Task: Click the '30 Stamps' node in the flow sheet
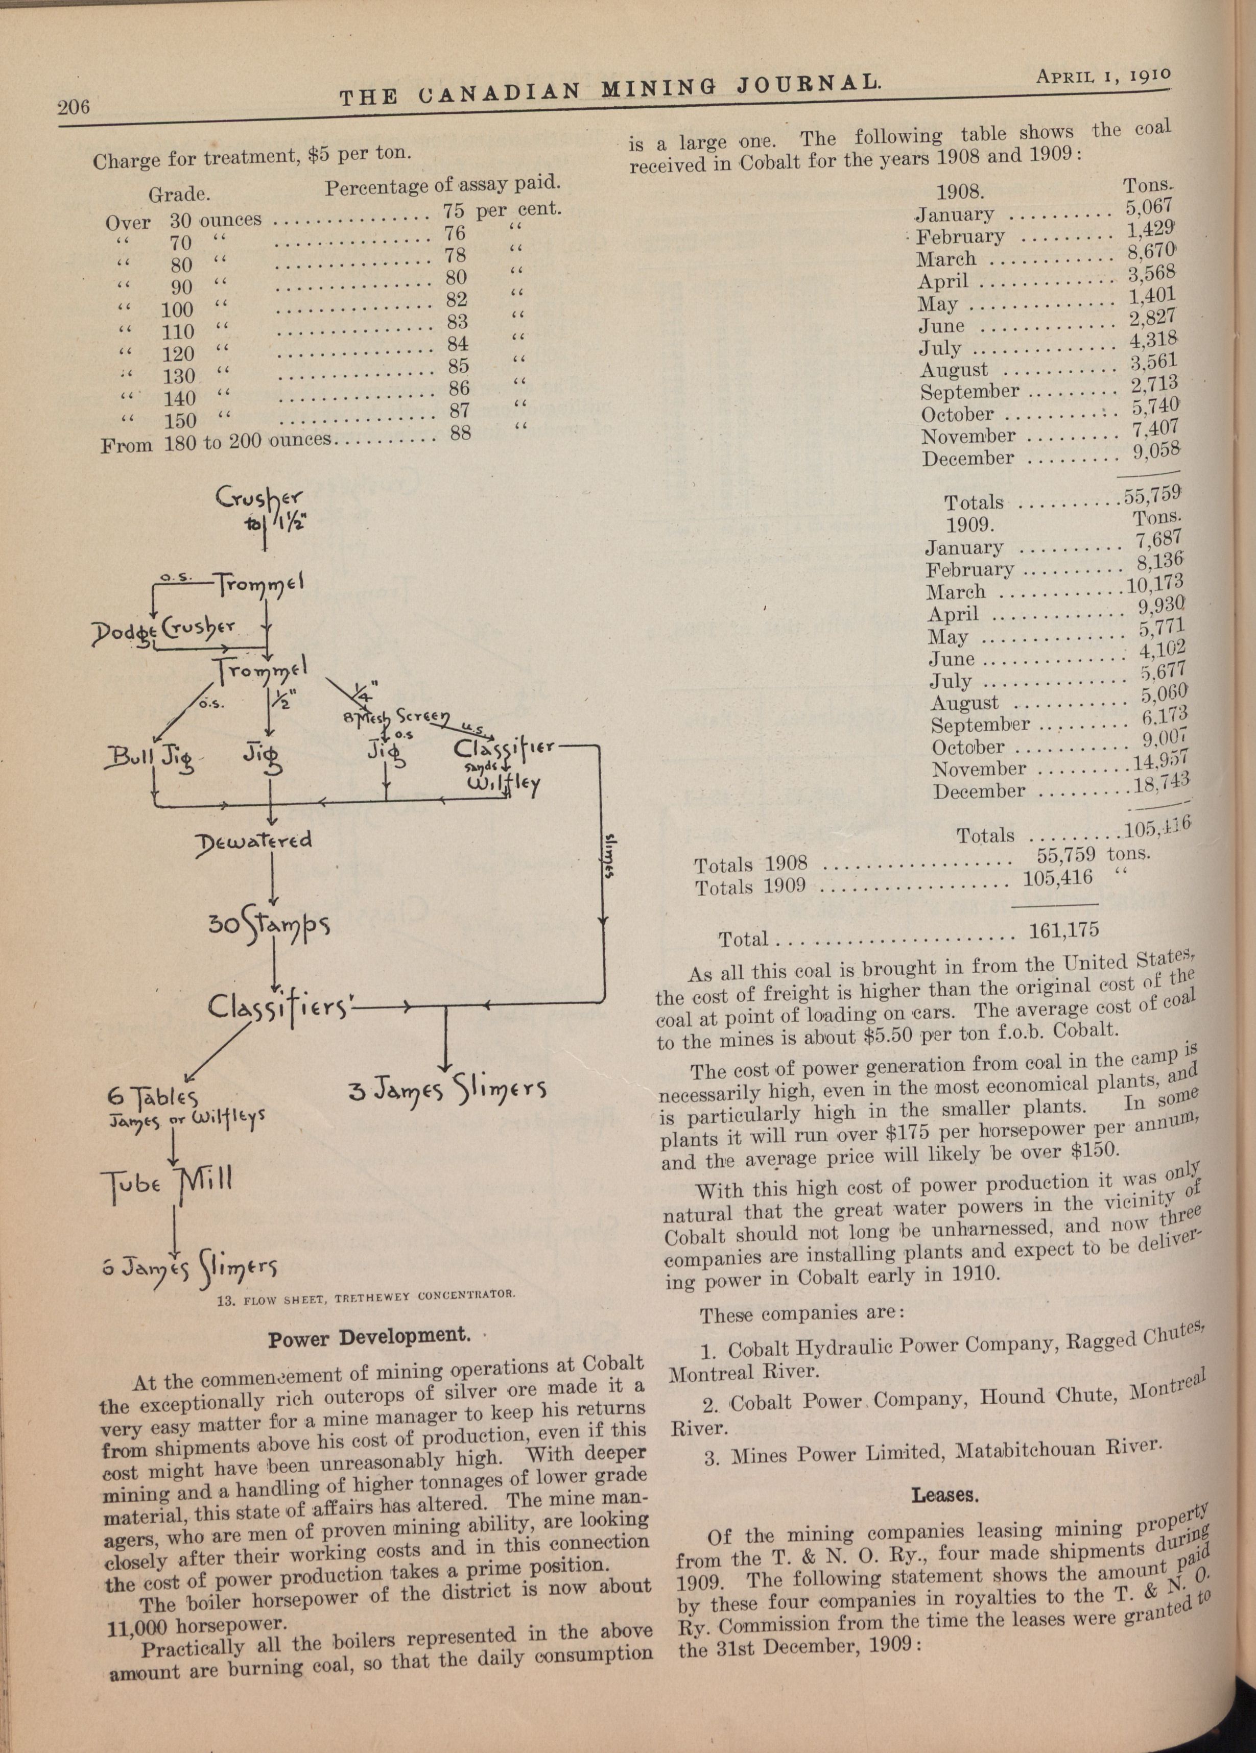point(269,926)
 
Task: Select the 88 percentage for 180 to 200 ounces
point(460,433)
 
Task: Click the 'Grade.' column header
point(180,193)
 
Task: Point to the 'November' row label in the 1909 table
point(979,769)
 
